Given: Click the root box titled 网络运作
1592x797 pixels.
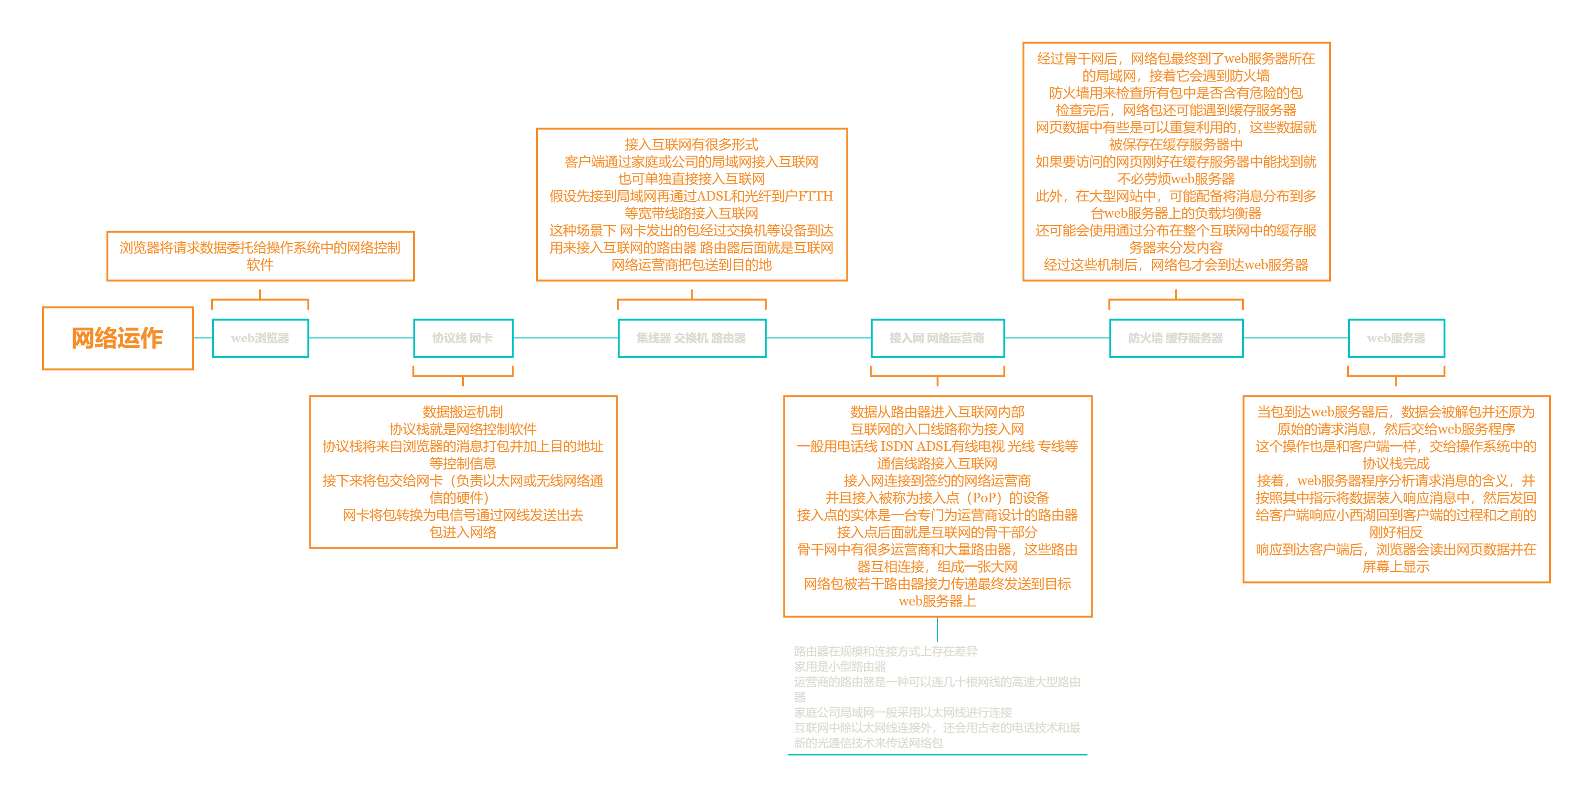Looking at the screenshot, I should point(117,338).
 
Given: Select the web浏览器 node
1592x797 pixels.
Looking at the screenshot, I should point(260,338).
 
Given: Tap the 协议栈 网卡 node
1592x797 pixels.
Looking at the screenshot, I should point(463,338).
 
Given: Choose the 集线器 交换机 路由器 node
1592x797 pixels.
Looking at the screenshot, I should point(692,338).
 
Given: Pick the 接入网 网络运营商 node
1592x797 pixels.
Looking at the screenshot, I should point(937,338).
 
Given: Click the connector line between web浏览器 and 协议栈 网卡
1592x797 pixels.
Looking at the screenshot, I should point(361,338).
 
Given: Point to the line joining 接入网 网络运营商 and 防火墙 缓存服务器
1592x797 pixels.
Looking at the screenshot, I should point(1057,338).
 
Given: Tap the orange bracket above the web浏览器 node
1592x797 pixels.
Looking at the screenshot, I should point(260,300).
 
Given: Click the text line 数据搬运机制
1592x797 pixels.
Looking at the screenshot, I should point(463,412).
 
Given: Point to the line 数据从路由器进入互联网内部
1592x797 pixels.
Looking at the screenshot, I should point(937,412).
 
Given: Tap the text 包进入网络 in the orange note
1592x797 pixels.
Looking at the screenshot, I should point(463,532).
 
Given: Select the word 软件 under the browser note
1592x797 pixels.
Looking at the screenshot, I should point(260,265).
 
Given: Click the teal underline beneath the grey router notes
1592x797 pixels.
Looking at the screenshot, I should point(937,754).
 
